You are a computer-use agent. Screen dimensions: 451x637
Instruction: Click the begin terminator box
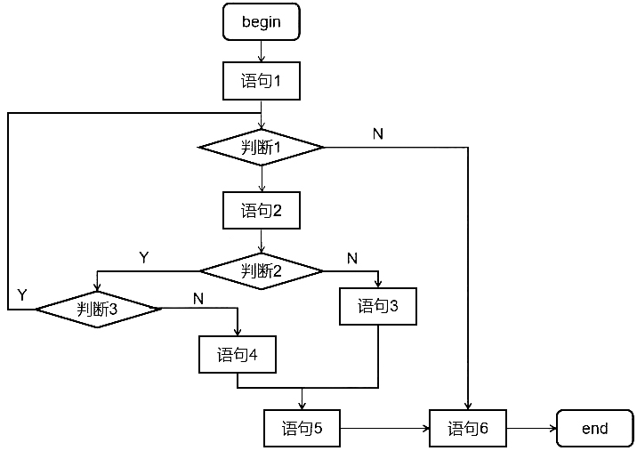(x=261, y=22)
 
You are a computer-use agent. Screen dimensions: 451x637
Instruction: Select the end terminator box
(x=594, y=429)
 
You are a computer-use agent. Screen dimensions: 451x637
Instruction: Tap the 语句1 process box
(x=261, y=82)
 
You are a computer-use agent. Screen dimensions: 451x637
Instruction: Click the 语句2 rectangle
(x=261, y=211)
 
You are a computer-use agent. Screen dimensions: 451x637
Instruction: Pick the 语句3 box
(x=378, y=307)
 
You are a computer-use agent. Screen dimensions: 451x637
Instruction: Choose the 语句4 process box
(x=238, y=355)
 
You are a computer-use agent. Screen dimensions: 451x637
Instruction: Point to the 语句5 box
(x=302, y=429)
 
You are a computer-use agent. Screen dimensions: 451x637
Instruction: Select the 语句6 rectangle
(x=468, y=429)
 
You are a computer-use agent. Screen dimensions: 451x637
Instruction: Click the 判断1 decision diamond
(x=261, y=148)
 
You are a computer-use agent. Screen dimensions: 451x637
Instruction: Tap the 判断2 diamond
(x=261, y=270)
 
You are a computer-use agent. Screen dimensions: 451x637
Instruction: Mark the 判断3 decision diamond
(x=98, y=309)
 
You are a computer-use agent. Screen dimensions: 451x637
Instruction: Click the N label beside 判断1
(x=378, y=133)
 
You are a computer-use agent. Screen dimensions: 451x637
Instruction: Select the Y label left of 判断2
(x=144, y=257)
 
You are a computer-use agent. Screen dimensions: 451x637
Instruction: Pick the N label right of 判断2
(x=351, y=258)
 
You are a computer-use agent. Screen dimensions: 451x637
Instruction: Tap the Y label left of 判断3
(x=22, y=294)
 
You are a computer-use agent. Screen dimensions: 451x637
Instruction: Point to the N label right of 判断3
(x=198, y=298)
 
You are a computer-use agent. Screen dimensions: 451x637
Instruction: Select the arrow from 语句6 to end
(x=531, y=429)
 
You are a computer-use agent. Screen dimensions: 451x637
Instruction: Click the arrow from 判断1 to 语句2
(x=261, y=179)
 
